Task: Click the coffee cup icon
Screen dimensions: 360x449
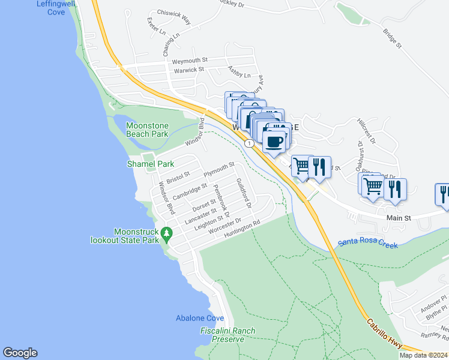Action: point(274,142)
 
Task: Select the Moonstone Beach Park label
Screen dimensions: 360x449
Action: point(147,130)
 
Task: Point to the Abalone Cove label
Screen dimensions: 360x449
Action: point(200,318)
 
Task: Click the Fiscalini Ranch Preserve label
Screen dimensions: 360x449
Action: point(228,335)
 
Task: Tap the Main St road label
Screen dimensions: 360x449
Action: point(398,218)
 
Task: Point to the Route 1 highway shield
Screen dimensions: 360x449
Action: point(249,143)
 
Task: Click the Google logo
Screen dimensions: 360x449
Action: point(20,353)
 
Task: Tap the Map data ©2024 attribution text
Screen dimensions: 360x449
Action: point(423,355)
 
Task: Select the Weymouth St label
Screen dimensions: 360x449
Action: point(190,61)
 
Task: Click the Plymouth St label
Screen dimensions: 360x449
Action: point(219,169)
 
